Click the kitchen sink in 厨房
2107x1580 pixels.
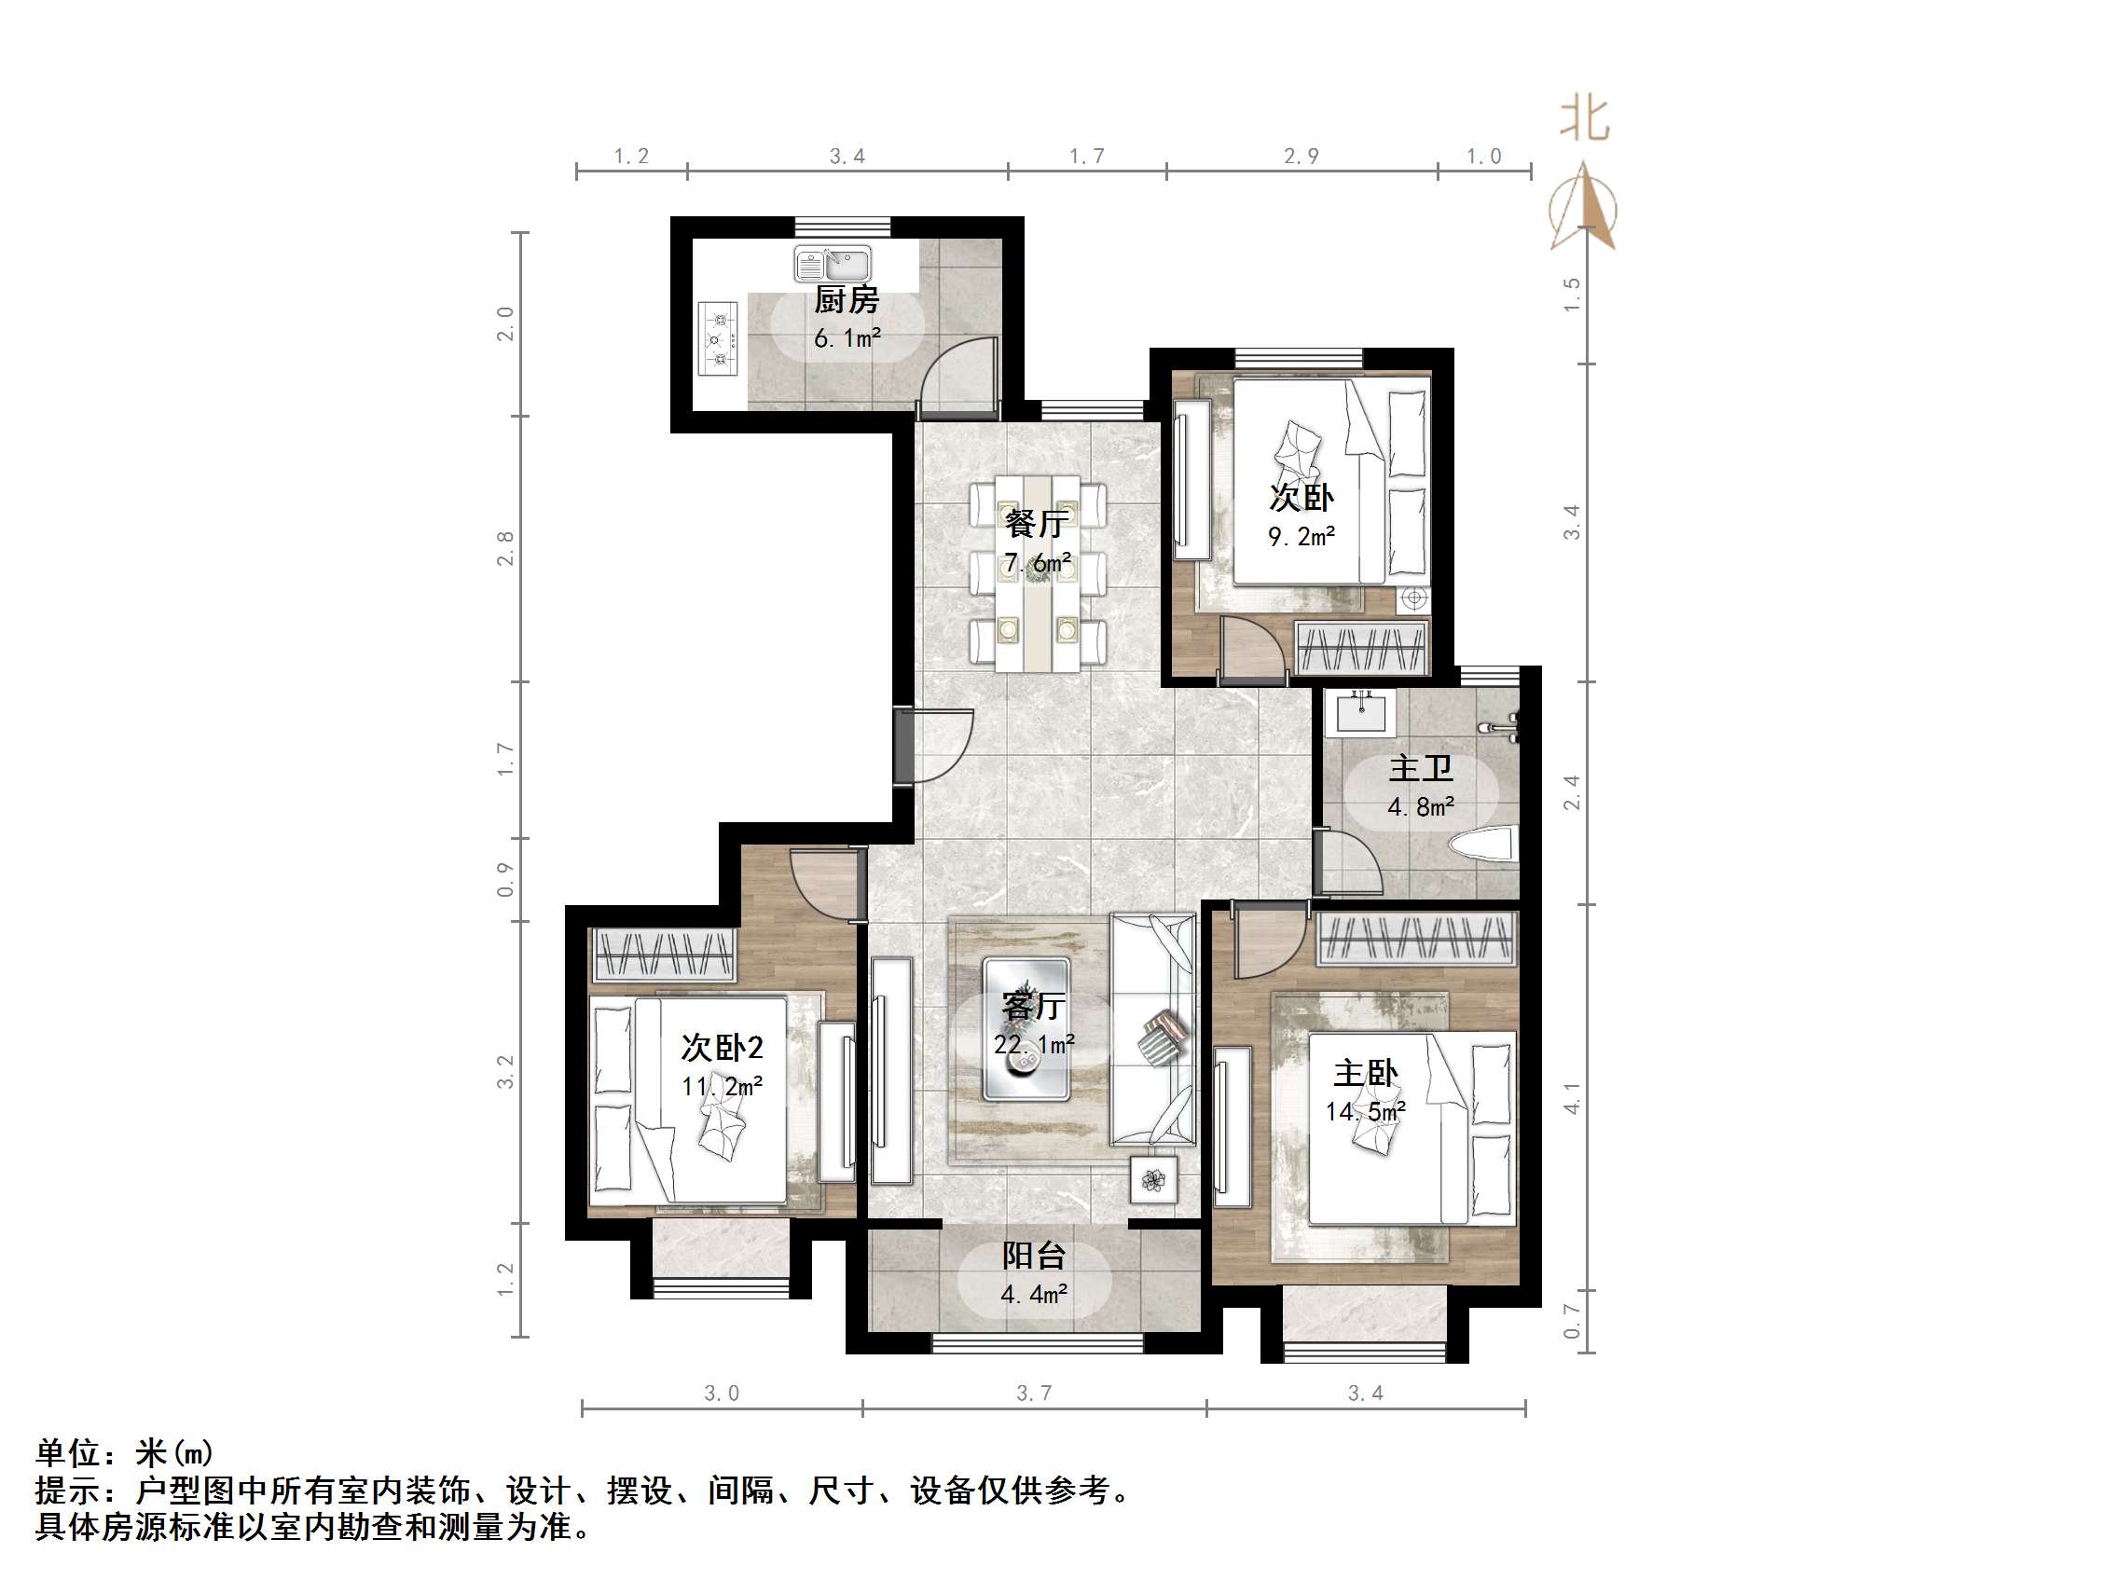coord(833,264)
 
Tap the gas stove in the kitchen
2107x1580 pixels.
coord(719,338)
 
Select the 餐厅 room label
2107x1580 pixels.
coord(1037,523)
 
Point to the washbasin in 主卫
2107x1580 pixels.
coord(1361,713)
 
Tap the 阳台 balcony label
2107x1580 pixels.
coord(1034,1256)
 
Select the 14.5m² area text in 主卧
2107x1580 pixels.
coord(1365,1111)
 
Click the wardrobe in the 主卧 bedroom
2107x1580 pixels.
coord(1416,939)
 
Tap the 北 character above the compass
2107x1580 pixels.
coord(1585,120)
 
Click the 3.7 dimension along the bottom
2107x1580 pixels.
coord(1034,1394)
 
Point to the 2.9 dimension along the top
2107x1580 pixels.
coord(1301,157)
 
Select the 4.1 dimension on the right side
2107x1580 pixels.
coord(1572,1098)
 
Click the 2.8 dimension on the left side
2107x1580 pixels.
coord(506,548)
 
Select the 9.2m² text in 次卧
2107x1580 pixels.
coord(1301,536)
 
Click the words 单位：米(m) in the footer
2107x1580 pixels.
coord(125,1452)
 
